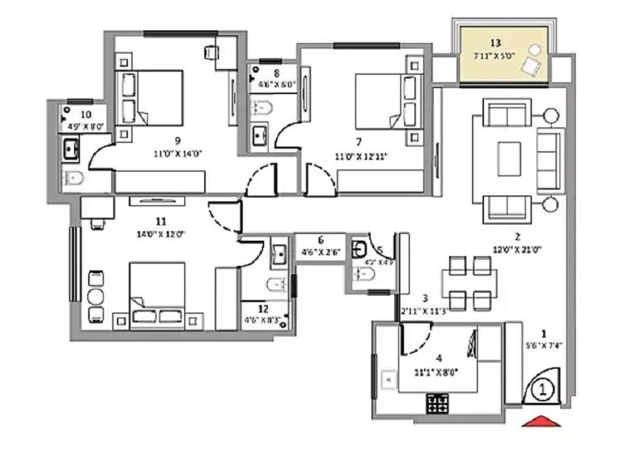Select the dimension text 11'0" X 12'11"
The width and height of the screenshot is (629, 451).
tap(362, 156)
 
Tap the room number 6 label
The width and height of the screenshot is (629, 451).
tap(320, 240)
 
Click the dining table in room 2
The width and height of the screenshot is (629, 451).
tap(469, 282)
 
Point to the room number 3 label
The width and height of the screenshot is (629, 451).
tap(425, 297)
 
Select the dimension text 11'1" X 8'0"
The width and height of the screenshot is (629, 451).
tap(436, 372)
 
